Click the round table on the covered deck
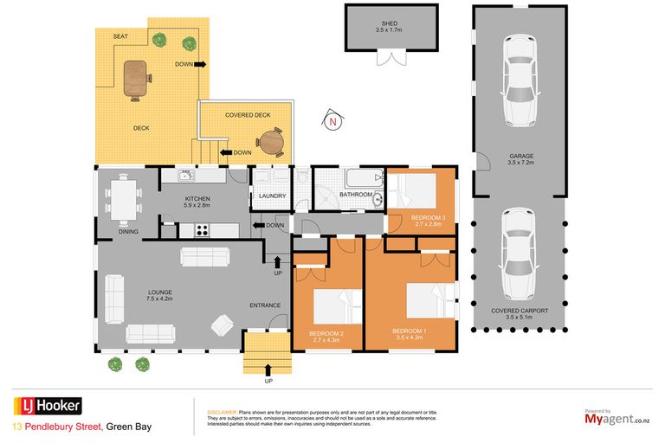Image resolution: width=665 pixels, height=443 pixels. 273,140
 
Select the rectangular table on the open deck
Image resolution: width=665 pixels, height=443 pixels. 137,80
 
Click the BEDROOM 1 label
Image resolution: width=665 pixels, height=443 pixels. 409,331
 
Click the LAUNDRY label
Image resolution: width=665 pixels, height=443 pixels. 272,196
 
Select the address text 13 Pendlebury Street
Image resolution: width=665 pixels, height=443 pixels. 57,427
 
